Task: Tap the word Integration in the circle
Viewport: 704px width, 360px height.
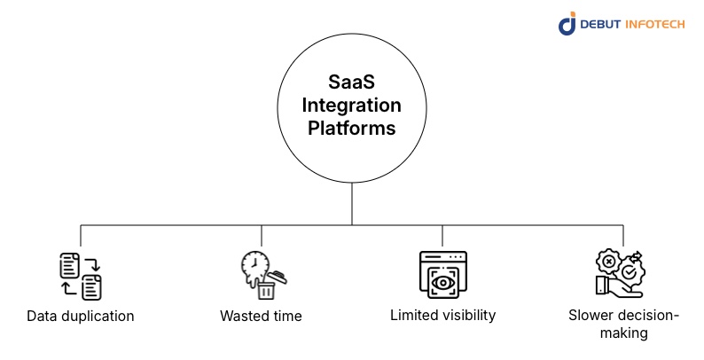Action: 351,106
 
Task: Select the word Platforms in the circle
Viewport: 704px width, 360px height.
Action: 351,128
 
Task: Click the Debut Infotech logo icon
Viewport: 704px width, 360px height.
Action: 567,23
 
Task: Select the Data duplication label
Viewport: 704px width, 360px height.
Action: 80,316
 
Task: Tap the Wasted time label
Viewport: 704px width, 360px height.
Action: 261,316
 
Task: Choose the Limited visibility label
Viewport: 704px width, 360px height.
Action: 442,315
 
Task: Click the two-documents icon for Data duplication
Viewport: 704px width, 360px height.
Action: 80,275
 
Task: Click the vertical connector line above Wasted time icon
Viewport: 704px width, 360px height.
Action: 262,235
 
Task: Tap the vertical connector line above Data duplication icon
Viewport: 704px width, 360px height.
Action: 81,235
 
